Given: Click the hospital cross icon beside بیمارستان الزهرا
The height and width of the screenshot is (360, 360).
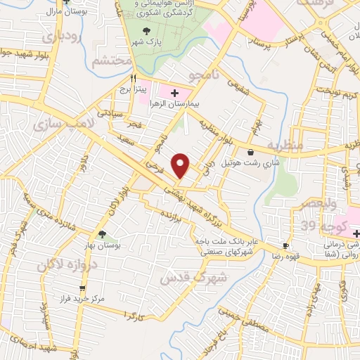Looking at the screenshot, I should click(175, 92).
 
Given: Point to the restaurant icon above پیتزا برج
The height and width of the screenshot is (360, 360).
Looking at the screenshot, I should click(132, 78).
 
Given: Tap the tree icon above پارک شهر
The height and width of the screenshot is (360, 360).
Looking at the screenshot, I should click(146, 30).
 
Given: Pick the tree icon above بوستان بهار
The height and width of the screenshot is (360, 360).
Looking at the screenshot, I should click(103, 234).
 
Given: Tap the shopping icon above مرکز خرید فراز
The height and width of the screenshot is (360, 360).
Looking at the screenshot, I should click(83, 288).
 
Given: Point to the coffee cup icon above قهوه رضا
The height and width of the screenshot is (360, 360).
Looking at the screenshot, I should click(285, 245).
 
